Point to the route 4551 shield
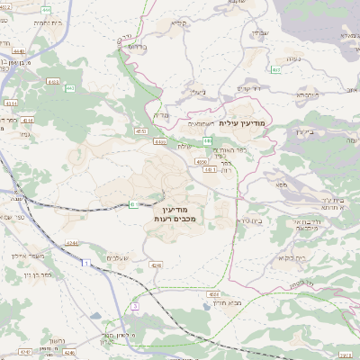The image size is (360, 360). [x=140, y=131]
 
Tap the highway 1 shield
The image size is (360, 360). [x=86, y=264]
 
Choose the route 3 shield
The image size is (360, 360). [x=135, y=306]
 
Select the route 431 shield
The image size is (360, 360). [x=133, y=205]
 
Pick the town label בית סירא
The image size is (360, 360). [x=226, y=220]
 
